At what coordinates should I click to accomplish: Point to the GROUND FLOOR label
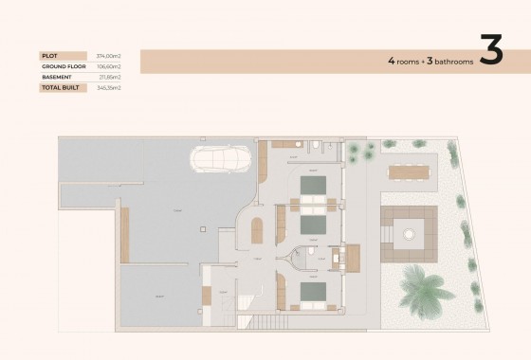click(63, 67)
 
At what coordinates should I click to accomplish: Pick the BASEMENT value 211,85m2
click(110, 78)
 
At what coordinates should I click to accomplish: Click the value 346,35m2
click(110, 87)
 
